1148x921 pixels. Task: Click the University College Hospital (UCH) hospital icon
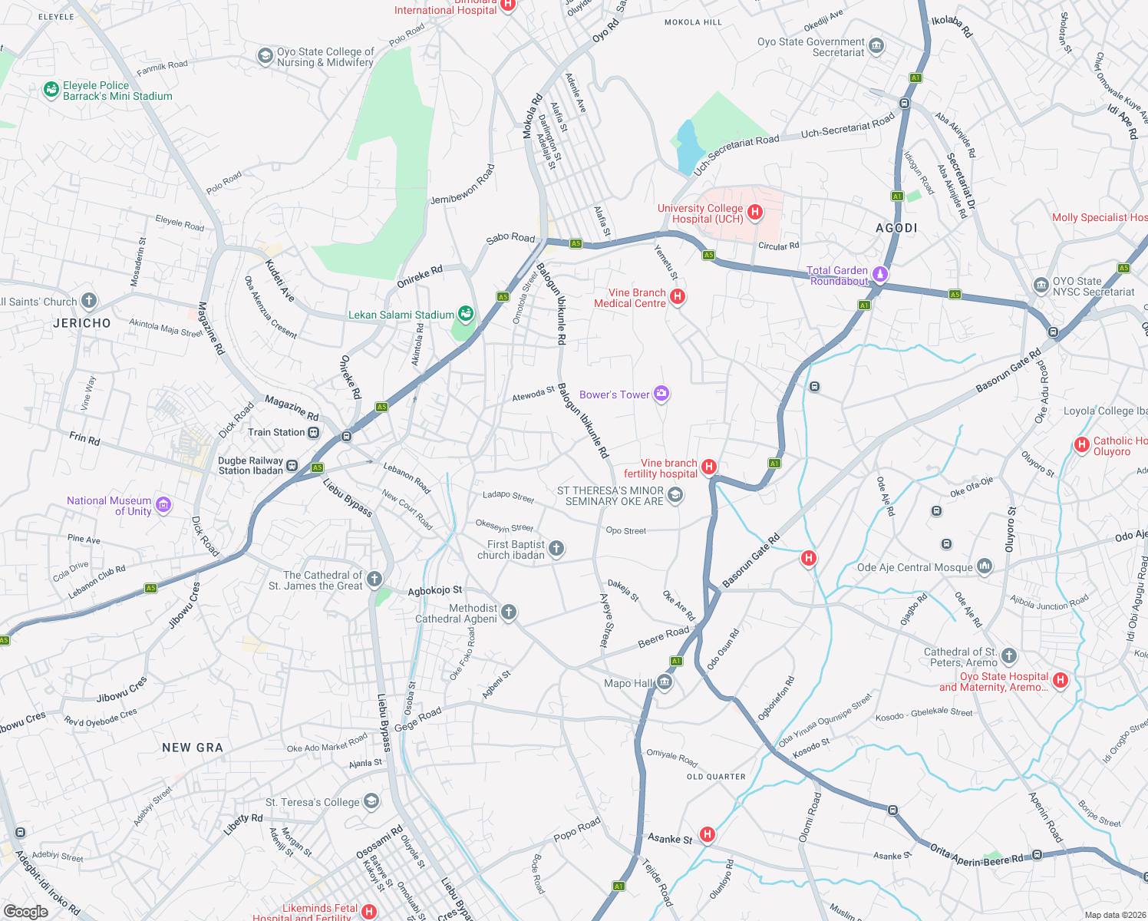pos(755,213)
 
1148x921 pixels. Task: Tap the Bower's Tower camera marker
pos(661,394)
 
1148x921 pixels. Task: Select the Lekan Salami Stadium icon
pos(465,313)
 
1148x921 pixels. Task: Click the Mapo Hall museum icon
pos(665,682)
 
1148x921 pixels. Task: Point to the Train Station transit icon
pos(313,432)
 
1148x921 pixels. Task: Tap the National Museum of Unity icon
pos(163,505)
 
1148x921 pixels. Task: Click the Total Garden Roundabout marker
pos(880,274)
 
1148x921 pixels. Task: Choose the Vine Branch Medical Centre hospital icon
pos(677,296)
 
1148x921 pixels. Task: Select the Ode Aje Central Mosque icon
pos(985,567)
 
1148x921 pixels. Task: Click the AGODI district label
pos(896,228)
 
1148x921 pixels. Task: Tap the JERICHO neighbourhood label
pos(82,323)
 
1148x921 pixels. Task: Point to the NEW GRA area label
pos(193,748)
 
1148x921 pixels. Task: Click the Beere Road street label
pos(664,636)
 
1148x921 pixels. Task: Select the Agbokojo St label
pos(435,591)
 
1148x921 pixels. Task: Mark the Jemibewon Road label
pos(463,184)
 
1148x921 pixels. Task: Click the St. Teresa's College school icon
pos(371,802)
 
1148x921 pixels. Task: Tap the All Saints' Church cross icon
pos(89,301)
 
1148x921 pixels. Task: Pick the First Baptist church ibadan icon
pos(556,549)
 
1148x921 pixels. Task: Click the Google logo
pos(26,911)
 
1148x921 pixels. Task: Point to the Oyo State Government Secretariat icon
pos(876,47)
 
